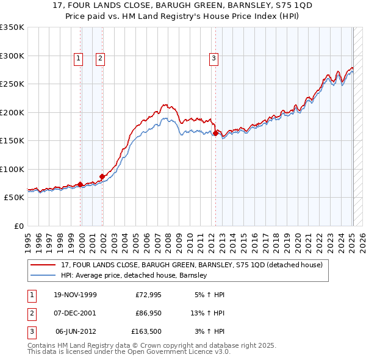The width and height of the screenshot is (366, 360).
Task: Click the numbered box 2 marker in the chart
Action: [100, 59]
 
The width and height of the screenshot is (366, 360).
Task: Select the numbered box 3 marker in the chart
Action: [214, 59]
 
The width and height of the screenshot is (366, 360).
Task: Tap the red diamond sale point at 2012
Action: [215, 133]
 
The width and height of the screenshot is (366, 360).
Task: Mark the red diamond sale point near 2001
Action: [102, 176]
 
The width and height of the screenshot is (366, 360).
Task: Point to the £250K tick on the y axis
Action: [12, 84]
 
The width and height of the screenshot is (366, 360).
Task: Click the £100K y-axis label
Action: [12, 169]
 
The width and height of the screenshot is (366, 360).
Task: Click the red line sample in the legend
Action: [43, 265]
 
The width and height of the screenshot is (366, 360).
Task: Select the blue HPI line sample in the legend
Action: [43, 275]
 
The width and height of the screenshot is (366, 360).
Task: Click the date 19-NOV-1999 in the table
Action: [75, 295]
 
